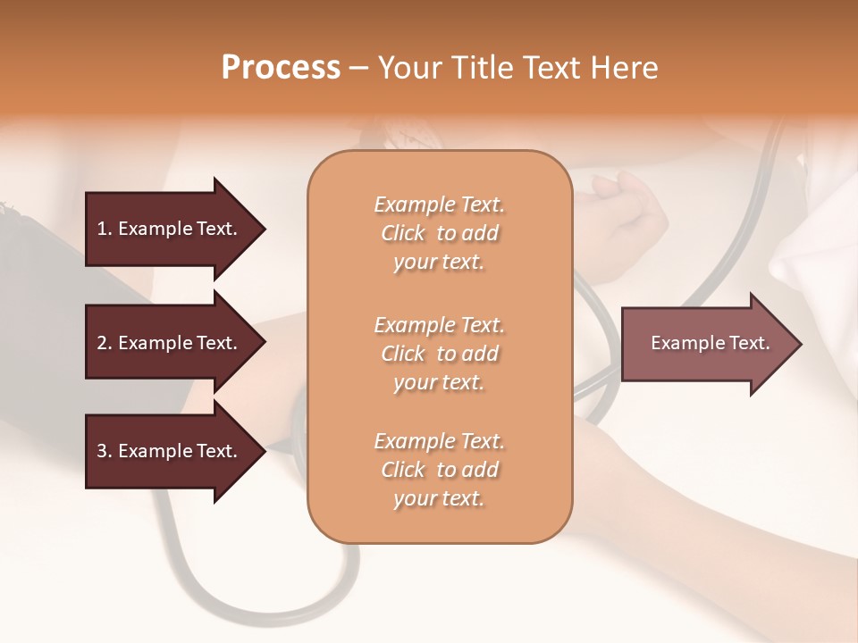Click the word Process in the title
281,68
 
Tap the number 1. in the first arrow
105,229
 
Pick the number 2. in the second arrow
105,343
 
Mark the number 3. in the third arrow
105,451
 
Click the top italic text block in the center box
439,233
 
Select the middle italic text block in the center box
439,353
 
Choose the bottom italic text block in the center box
439,470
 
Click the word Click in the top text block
403,233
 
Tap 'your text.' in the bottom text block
439,498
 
